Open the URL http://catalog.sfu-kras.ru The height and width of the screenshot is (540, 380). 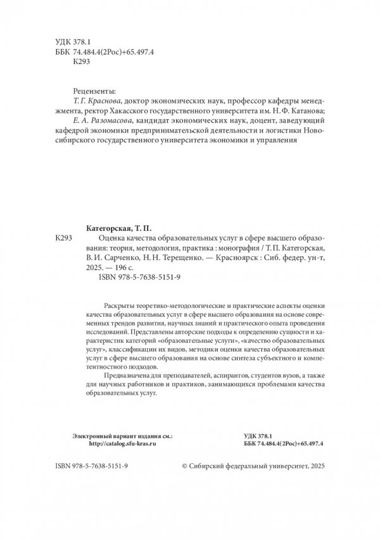coord(115,445)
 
